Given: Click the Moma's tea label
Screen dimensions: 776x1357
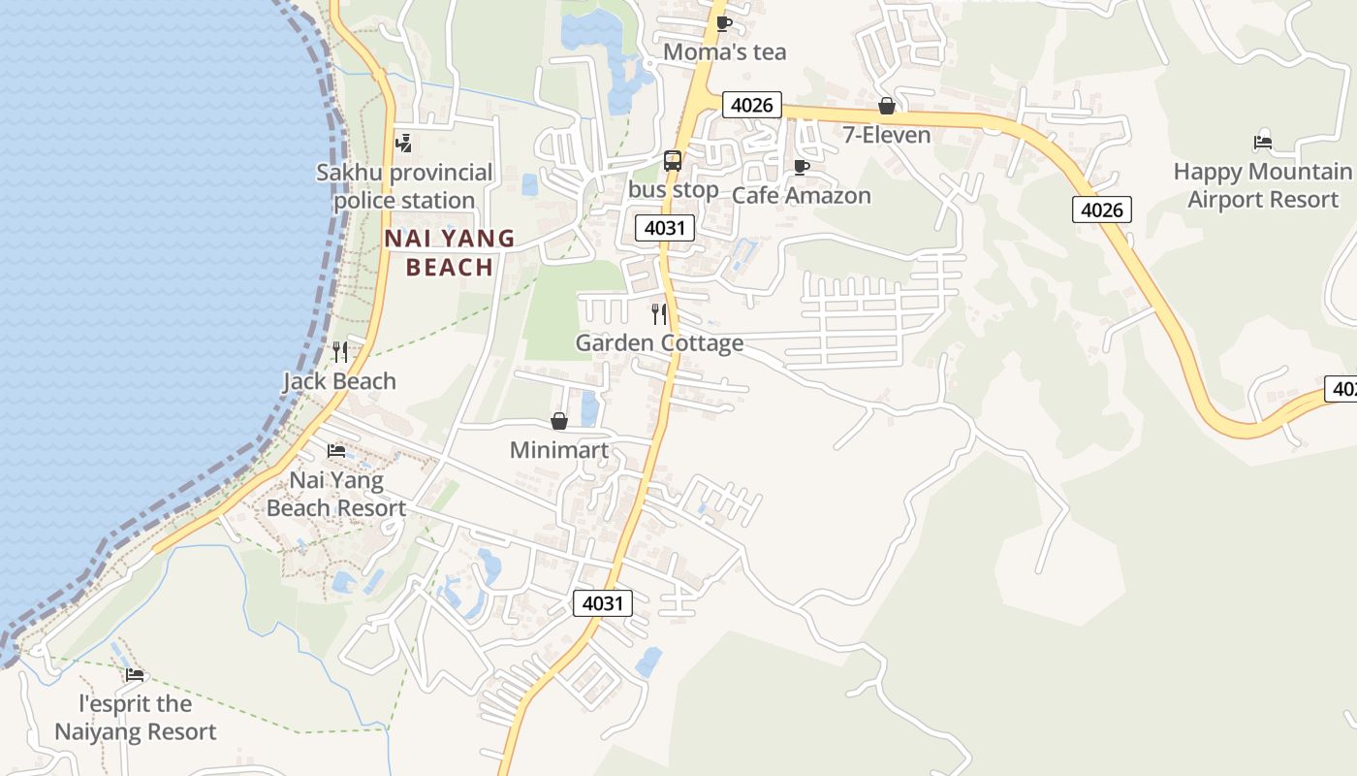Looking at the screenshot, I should pyautogui.click(x=724, y=51).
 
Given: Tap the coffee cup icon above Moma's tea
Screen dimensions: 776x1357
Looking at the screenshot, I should pyautogui.click(x=723, y=23).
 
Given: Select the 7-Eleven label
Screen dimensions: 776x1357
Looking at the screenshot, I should pyautogui.click(x=886, y=135).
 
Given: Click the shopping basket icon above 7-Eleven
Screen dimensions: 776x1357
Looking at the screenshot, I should pyautogui.click(x=886, y=106).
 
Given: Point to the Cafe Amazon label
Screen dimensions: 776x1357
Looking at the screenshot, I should pyautogui.click(x=801, y=195).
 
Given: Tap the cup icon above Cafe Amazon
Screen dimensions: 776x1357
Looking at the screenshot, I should pyautogui.click(x=801, y=167).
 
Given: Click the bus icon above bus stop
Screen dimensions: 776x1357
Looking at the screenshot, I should pyautogui.click(x=673, y=161).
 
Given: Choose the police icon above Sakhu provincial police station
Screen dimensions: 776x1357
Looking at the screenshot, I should pyautogui.click(x=404, y=144).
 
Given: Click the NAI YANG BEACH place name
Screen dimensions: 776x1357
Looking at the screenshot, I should pyautogui.click(x=450, y=252).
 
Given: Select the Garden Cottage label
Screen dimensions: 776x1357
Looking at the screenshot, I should pyautogui.click(x=659, y=342).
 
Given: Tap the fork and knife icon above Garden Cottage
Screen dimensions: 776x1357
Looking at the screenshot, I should pyautogui.click(x=659, y=313).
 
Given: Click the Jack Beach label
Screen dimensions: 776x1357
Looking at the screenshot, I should pyautogui.click(x=339, y=381).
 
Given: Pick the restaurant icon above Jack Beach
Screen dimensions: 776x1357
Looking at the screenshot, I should pyautogui.click(x=339, y=352).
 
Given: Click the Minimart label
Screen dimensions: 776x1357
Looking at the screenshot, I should pyautogui.click(x=559, y=450).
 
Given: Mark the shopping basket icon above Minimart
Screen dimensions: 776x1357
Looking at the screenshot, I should pyautogui.click(x=559, y=421).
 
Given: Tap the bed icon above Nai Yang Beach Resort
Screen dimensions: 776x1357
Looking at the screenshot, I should pyautogui.click(x=336, y=451).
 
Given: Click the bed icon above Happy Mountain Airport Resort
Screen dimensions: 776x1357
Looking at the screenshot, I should pyautogui.click(x=1262, y=143).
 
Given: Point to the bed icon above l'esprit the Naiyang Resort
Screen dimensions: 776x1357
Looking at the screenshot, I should pyautogui.click(x=135, y=674).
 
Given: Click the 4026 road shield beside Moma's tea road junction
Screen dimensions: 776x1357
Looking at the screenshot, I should pyautogui.click(x=751, y=105).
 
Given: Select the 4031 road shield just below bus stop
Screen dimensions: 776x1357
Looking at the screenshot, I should pyautogui.click(x=665, y=229).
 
